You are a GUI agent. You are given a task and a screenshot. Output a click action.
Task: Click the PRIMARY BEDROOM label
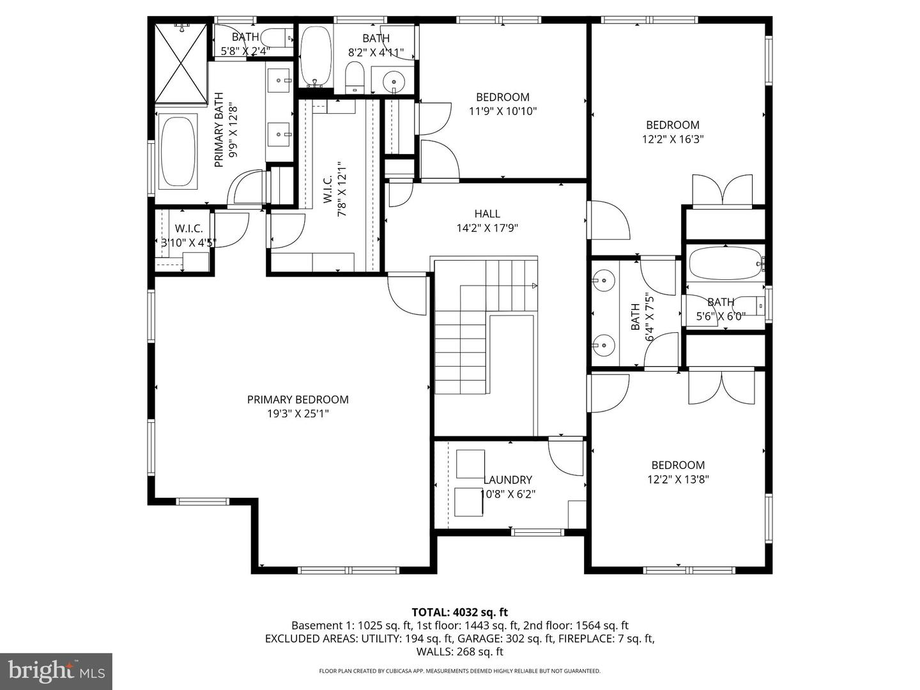[x=298, y=399]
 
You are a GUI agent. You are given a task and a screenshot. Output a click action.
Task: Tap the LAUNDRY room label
[x=507, y=479]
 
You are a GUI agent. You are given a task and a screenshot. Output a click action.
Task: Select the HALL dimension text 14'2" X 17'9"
[x=487, y=228]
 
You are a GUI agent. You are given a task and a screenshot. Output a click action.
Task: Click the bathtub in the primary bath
[x=178, y=151]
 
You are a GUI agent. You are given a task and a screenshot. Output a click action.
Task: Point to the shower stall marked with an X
[x=181, y=63]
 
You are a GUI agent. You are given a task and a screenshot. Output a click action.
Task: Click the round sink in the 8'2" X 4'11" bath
[x=394, y=82]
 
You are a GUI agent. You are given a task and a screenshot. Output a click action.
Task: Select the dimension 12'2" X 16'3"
[x=673, y=139]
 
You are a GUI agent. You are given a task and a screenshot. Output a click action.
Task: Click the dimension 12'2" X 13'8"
[x=678, y=479]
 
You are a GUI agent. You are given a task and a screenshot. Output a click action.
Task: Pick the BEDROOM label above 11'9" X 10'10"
[x=502, y=97]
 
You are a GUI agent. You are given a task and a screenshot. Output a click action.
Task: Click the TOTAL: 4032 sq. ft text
[x=459, y=613]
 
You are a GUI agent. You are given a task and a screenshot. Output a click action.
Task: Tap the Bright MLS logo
[x=56, y=671]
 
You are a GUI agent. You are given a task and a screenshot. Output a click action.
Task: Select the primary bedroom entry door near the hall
[x=407, y=294]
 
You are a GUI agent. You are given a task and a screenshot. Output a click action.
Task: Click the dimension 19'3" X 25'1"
[x=298, y=413]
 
